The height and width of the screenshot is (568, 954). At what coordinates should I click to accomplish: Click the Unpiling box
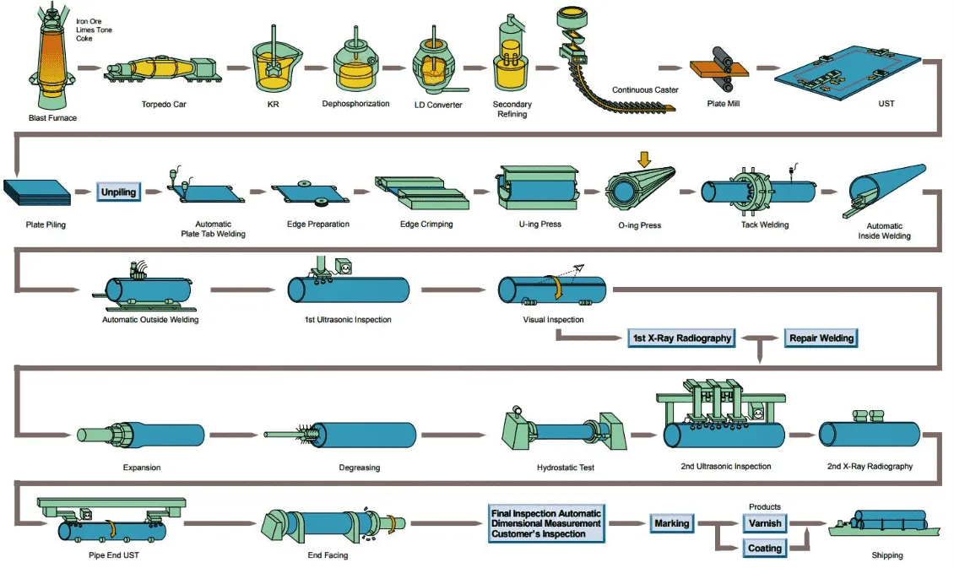click(x=118, y=192)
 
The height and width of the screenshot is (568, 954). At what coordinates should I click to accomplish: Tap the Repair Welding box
click(x=821, y=338)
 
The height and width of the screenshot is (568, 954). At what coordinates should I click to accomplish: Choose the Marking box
click(x=672, y=523)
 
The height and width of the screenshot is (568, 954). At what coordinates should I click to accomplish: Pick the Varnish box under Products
click(x=765, y=523)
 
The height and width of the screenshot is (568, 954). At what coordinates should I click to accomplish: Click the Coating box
click(x=765, y=549)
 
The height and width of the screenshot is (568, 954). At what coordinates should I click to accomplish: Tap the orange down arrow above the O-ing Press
click(x=645, y=159)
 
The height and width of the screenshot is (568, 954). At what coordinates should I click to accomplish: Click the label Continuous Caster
click(x=645, y=90)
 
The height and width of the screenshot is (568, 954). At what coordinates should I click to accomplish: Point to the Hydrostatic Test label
click(x=566, y=467)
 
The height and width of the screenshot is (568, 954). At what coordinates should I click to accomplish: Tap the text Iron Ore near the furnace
click(x=93, y=21)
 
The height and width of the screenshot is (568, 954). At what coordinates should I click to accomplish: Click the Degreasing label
click(x=360, y=467)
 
